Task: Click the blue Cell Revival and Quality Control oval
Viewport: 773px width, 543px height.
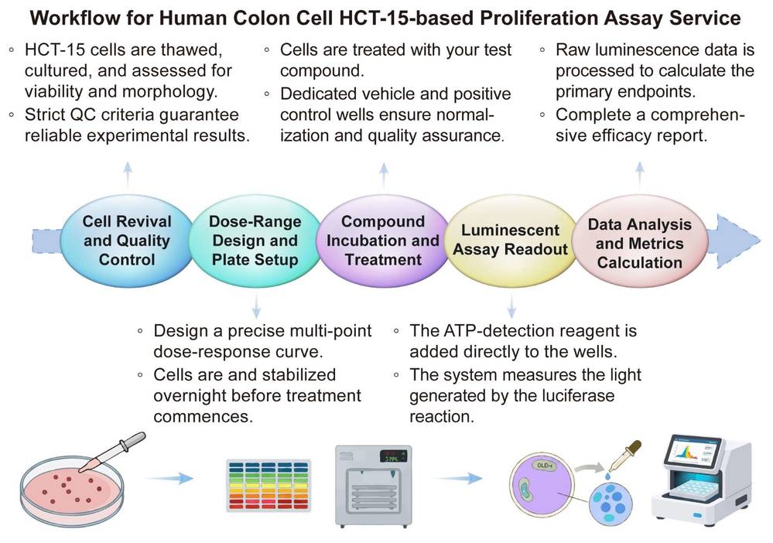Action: pyautogui.click(x=126, y=240)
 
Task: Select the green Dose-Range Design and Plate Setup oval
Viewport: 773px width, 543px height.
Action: pyautogui.click(x=255, y=240)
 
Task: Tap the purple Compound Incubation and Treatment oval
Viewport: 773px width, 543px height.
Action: pyautogui.click(x=382, y=240)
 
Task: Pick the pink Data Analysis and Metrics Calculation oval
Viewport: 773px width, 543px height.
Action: pyautogui.click(x=639, y=242)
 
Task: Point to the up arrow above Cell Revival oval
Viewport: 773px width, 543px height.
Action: pyautogui.click(x=127, y=171)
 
